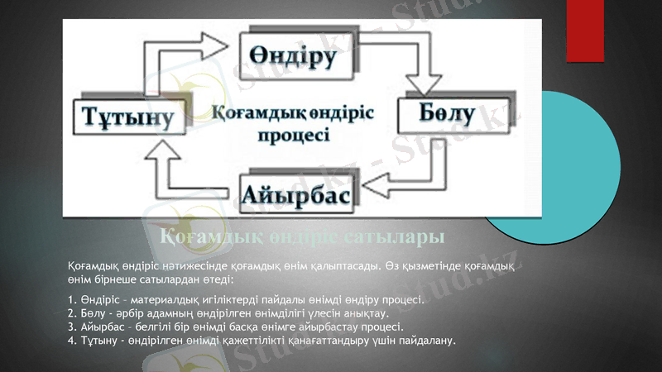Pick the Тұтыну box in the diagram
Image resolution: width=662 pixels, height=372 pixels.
[x=127, y=117]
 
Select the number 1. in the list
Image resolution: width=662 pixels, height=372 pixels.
[x=72, y=298]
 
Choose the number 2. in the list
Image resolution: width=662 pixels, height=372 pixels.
[x=72, y=312]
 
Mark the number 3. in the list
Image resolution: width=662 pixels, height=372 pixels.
[x=72, y=327]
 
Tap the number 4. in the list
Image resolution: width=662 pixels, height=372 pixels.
[x=72, y=340]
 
